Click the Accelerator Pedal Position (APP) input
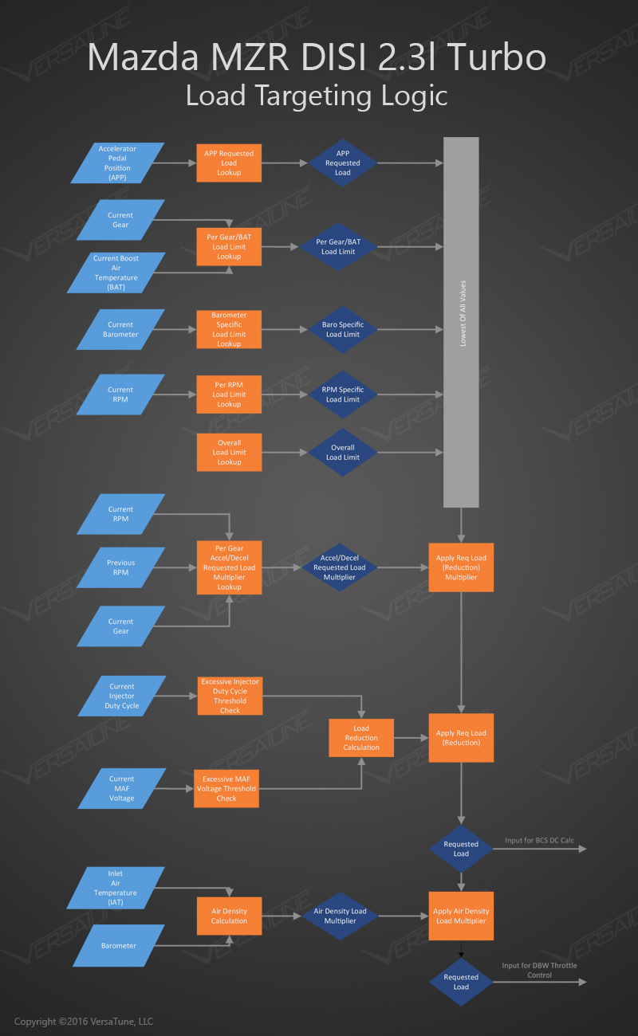click(x=117, y=163)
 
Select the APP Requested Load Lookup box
click(x=229, y=163)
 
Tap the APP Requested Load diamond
click(x=342, y=163)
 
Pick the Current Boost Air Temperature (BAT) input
click(x=116, y=273)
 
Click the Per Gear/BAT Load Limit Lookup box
click(x=229, y=247)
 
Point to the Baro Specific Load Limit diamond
click(x=344, y=329)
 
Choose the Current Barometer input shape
click(x=120, y=329)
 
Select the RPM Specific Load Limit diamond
click(x=342, y=394)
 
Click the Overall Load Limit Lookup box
click(x=229, y=453)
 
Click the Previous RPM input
click(x=120, y=567)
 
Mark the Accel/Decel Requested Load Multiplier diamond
click(x=339, y=567)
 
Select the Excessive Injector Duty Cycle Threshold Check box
click(x=230, y=696)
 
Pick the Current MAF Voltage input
click(x=122, y=788)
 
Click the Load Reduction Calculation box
click(x=361, y=738)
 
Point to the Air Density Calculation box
click(x=229, y=916)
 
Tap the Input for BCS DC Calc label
click(x=539, y=841)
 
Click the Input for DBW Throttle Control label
click(x=539, y=970)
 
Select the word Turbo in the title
click(x=496, y=58)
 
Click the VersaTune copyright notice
click(x=84, y=1022)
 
